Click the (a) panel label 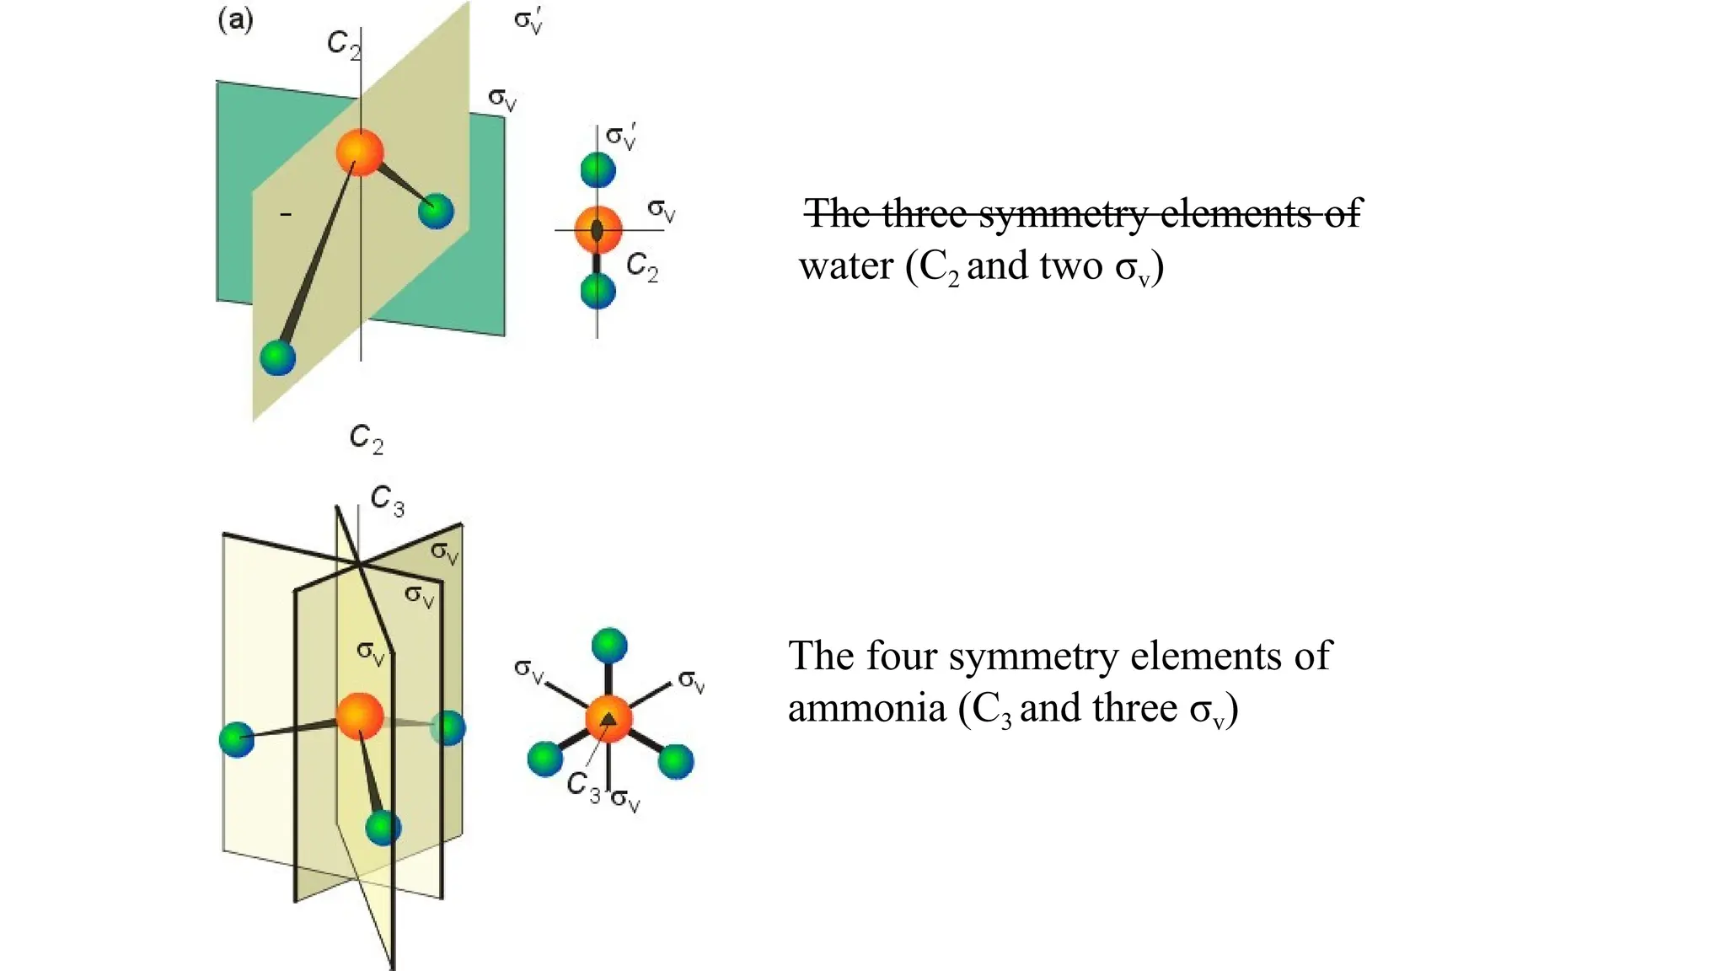235,19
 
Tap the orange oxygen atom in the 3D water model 360,153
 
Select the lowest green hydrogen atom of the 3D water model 278,357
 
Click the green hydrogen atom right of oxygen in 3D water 436,211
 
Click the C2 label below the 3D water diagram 366,438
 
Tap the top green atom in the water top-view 598,169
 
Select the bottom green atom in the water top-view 598,292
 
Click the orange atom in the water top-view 598,229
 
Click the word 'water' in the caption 845,266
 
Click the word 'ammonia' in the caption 866,708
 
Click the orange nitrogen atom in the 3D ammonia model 360,716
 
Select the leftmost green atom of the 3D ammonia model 237,739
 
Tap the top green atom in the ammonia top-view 608,646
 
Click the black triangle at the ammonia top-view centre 608,719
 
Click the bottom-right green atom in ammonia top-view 675,761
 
